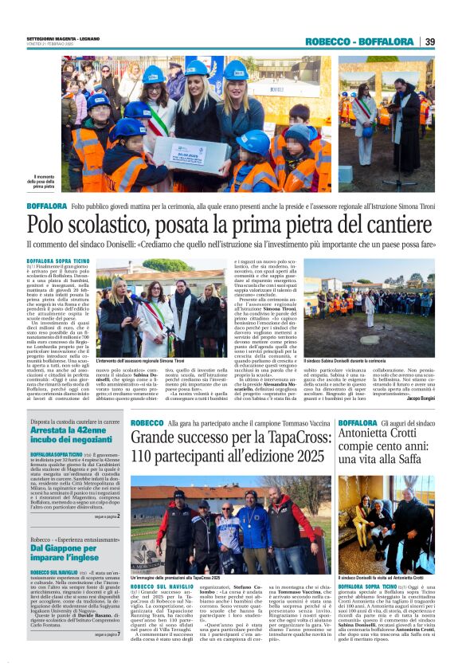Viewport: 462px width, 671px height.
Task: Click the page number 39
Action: (x=429, y=41)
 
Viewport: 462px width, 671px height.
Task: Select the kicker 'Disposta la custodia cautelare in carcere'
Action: (x=74, y=421)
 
